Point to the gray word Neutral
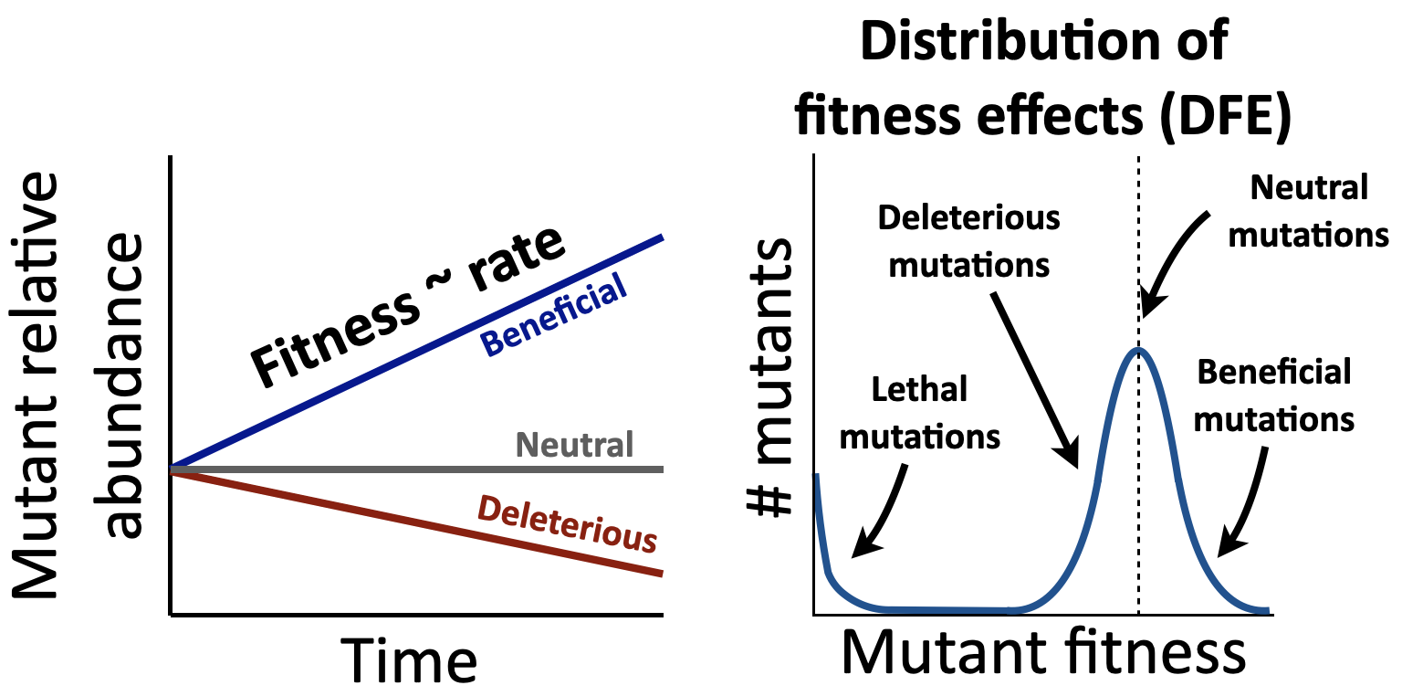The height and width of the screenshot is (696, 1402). point(574,446)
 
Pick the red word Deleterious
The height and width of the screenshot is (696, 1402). point(567,523)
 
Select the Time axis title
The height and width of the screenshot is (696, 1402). point(409,659)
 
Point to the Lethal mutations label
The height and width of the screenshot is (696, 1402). point(919,413)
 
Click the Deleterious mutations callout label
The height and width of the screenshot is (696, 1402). point(969,241)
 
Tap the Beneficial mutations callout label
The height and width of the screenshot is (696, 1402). point(1274,395)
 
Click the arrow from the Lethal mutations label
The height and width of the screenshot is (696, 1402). point(882,512)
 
